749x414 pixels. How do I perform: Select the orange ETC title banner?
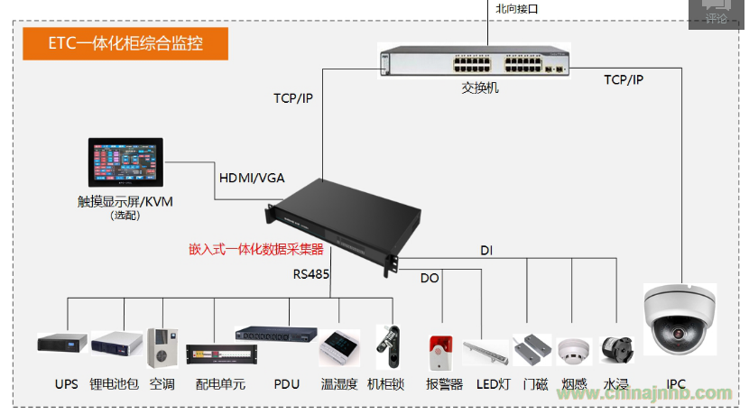tap(125, 43)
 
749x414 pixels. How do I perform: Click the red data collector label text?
tap(255, 248)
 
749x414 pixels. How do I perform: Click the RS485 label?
tap(311, 273)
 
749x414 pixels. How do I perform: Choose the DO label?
tap(430, 278)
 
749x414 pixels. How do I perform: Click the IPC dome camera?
tap(678, 320)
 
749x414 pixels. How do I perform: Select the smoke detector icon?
tap(573, 350)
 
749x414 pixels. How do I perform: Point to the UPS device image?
tap(62, 343)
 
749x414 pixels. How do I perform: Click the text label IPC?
tap(676, 384)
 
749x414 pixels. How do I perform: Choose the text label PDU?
tap(286, 384)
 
